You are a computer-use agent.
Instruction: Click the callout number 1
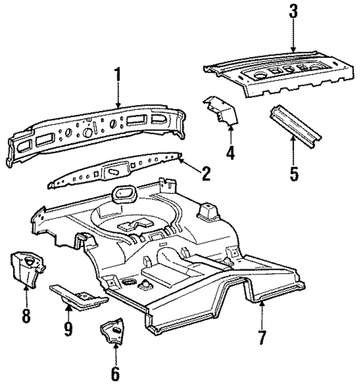(117, 75)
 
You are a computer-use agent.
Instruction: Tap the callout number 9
(68, 329)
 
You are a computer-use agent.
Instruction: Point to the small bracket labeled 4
(221, 110)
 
